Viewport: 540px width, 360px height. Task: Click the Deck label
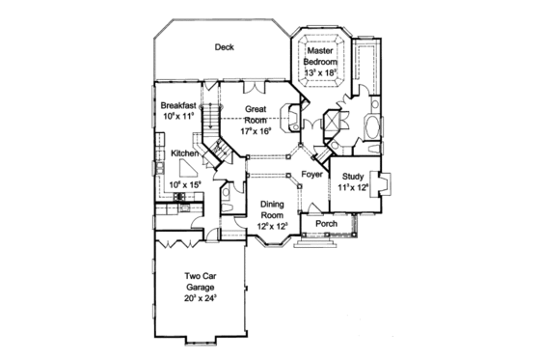[x=224, y=45]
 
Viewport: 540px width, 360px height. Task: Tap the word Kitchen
[x=185, y=153]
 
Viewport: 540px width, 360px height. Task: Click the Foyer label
[x=310, y=175]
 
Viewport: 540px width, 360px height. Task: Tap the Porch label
[x=326, y=224]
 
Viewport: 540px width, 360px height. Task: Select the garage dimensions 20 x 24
[x=201, y=298]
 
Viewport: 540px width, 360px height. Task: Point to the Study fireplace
[x=382, y=182]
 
